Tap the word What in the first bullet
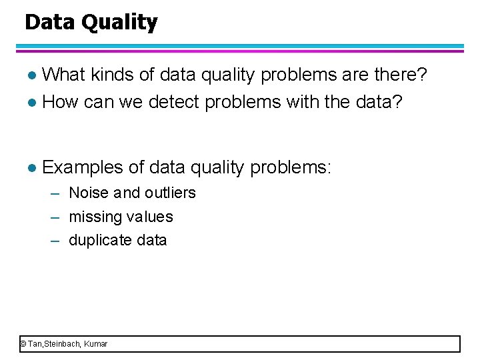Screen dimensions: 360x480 (x=63, y=75)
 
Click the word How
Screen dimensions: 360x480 (x=61, y=102)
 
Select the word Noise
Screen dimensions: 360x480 (x=89, y=193)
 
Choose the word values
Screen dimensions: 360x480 (x=149, y=217)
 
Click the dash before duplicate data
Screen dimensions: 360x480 (x=57, y=241)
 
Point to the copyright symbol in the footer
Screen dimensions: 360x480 (x=23, y=344)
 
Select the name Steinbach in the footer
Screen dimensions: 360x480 (x=64, y=344)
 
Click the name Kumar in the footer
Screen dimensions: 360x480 (x=96, y=344)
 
